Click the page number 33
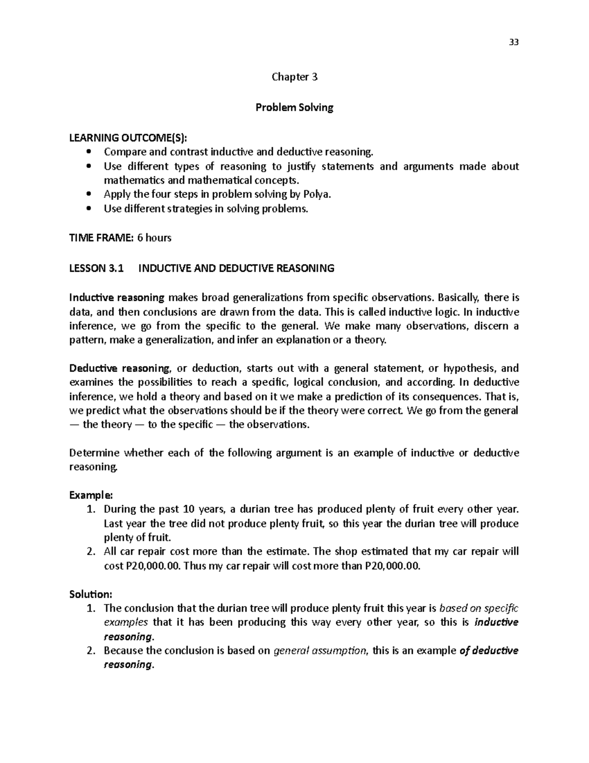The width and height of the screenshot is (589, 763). click(513, 42)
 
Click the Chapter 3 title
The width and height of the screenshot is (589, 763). click(294, 77)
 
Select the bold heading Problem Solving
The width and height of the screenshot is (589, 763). click(294, 108)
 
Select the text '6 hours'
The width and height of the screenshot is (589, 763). click(154, 238)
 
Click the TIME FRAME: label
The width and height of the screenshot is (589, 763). click(101, 238)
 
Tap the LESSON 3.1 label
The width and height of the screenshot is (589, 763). click(97, 268)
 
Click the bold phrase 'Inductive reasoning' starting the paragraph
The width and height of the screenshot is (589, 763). click(117, 298)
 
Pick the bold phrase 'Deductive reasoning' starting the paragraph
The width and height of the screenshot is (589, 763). click(120, 368)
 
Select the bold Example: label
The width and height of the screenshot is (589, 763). click(91, 495)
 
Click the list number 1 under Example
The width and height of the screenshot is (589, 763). click(90, 509)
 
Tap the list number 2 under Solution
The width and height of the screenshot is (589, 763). click(90, 651)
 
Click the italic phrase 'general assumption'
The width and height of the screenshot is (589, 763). click(320, 651)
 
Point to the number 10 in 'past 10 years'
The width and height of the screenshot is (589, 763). click(188, 509)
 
